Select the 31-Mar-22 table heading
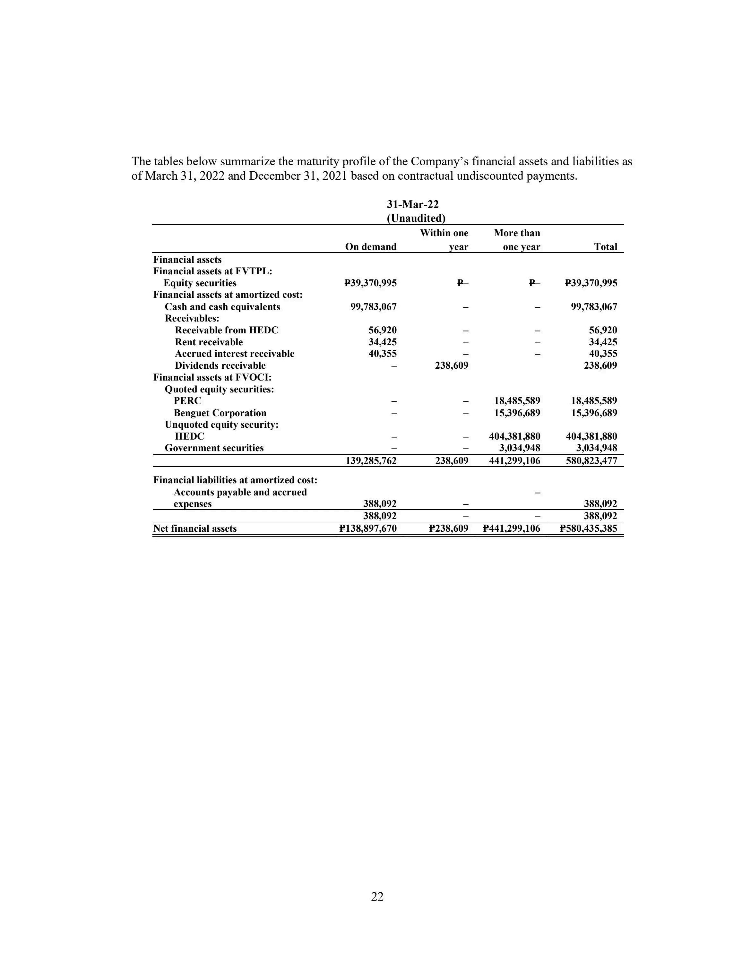coord(413,204)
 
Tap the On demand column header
coord(371,247)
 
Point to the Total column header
coord(605,247)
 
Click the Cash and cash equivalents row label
coord(222,307)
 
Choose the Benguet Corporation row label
coord(220,413)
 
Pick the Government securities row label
coord(214,448)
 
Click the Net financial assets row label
coord(195,528)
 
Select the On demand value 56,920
coord(383,330)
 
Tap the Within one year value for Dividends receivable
coord(452,365)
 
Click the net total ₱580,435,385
coord(588,528)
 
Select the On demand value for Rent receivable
coord(383,342)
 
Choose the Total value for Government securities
coord(597,448)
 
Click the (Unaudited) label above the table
coord(416,219)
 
